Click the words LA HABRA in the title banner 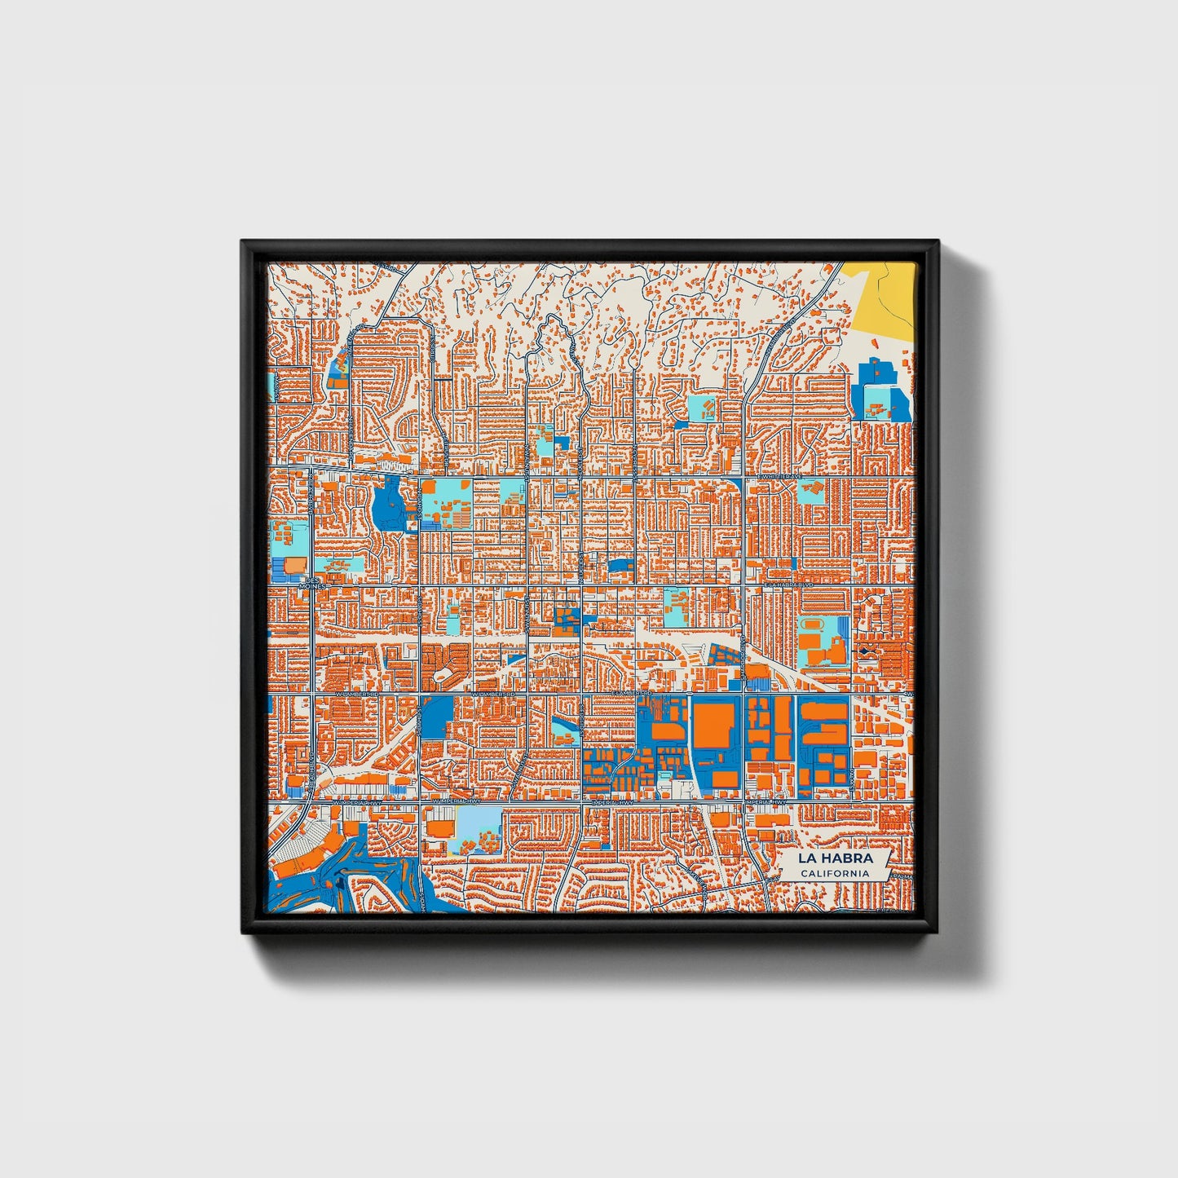(835, 858)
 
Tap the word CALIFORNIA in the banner (835, 874)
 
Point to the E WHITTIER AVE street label (780, 476)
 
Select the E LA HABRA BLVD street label (790, 585)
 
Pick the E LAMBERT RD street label (633, 693)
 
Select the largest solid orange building (713, 724)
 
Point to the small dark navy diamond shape (864, 651)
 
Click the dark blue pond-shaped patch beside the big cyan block (388, 504)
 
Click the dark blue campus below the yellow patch (879, 393)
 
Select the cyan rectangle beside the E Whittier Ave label (810, 492)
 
